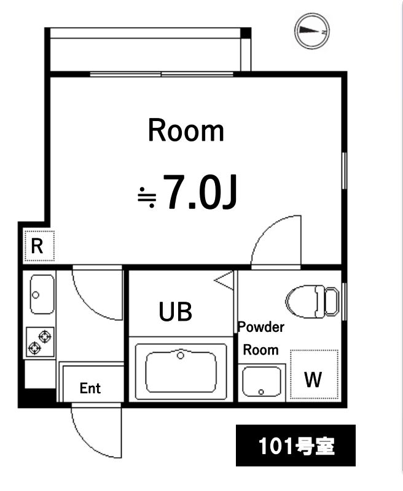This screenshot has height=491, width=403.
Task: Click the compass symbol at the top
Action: coord(312,31)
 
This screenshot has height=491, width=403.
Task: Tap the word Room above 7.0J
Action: coord(186,131)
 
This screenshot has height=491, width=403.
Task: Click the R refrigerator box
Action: coord(38,246)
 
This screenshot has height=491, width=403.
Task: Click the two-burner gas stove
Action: coord(41,342)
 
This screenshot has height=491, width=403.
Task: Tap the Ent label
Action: coord(90,388)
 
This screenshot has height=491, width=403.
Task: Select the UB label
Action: coord(176,312)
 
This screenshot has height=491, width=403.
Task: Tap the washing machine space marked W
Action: coord(313,375)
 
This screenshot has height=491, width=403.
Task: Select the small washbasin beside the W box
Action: coord(263,381)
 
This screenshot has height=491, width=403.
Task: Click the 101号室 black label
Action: coord(295,446)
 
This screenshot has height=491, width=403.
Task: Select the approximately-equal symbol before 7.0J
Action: coord(147,196)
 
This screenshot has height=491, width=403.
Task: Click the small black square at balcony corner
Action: coord(246,33)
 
